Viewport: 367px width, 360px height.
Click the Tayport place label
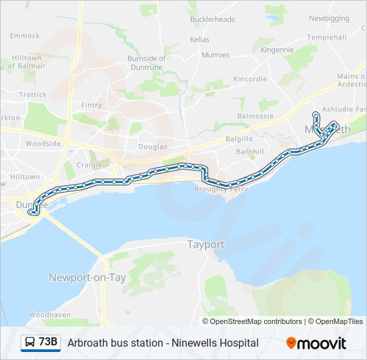point(206,245)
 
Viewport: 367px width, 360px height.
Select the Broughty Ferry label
point(221,189)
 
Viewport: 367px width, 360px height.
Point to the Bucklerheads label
point(212,19)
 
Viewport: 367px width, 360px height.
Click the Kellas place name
point(199,40)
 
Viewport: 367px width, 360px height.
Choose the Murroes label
point(215,55)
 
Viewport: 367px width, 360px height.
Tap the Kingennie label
point(277,49)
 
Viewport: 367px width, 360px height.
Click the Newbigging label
point(330,17)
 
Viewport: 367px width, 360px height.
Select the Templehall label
point(327,37)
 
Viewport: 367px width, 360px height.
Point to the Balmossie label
point(256,116)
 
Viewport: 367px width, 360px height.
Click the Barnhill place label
point(250,152)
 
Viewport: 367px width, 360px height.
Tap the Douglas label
point(152,146)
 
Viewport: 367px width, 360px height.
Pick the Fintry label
point(91,105)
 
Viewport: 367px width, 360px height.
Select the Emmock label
point(25,35)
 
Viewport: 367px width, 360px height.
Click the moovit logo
point(316,343)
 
